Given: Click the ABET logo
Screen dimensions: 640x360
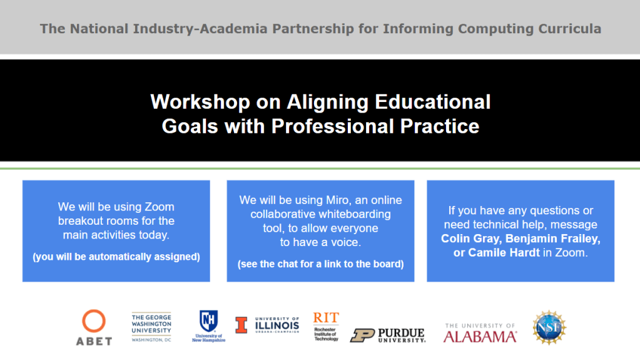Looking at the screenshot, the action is click(94, 327).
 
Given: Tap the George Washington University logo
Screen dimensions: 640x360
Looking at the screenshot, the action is click(151, 327).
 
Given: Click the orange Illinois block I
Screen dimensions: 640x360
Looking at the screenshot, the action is click(241, 326).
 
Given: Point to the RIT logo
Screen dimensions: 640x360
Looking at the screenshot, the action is click(326, 326).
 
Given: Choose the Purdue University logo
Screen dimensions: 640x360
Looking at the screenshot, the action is click(388, 336).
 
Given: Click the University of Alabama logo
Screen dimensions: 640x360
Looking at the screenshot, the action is click(480, 332).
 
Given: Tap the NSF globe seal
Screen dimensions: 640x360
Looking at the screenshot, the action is click(549, 327).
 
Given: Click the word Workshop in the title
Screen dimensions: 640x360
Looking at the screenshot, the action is click(200, 102).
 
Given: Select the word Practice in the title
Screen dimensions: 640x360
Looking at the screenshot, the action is click(440, 126).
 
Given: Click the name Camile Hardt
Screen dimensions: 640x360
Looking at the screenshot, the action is click(504, 252).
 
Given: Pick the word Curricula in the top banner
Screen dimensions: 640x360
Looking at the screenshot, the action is click(569, 29).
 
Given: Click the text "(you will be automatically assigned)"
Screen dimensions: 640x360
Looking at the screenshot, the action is click(116, 257).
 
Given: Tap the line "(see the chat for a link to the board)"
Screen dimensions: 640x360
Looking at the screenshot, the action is click(320, 264).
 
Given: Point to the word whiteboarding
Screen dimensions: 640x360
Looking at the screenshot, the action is click(355, 214).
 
